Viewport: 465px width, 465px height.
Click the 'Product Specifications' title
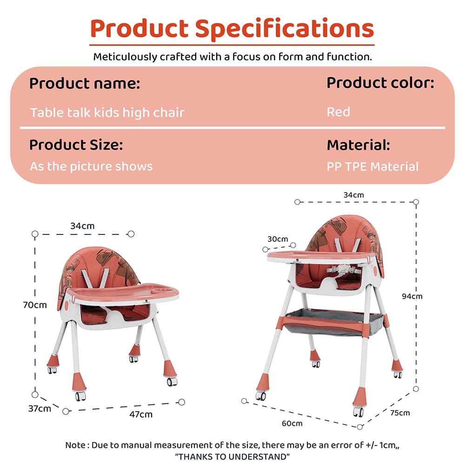[232, 29]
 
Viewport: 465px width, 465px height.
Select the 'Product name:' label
[85, 84]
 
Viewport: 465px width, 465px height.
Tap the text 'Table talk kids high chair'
[107, 113]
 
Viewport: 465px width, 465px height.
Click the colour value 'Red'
[338, 112]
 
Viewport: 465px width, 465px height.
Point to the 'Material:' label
[358, 145]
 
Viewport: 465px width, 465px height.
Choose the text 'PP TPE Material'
[372, 166]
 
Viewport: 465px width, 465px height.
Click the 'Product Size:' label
[76, 145]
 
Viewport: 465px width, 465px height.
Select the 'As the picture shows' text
[91, 166]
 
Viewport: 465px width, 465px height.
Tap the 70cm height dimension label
[35, 306]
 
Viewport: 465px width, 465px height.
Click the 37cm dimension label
[39, 409]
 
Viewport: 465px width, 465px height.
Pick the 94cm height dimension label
[412, 296]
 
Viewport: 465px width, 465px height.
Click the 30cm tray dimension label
[278, 239]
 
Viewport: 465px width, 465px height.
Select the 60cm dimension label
[292, 423]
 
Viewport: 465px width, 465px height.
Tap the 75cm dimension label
[400, 412]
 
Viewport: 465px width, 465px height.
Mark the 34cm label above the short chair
[82, 226]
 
